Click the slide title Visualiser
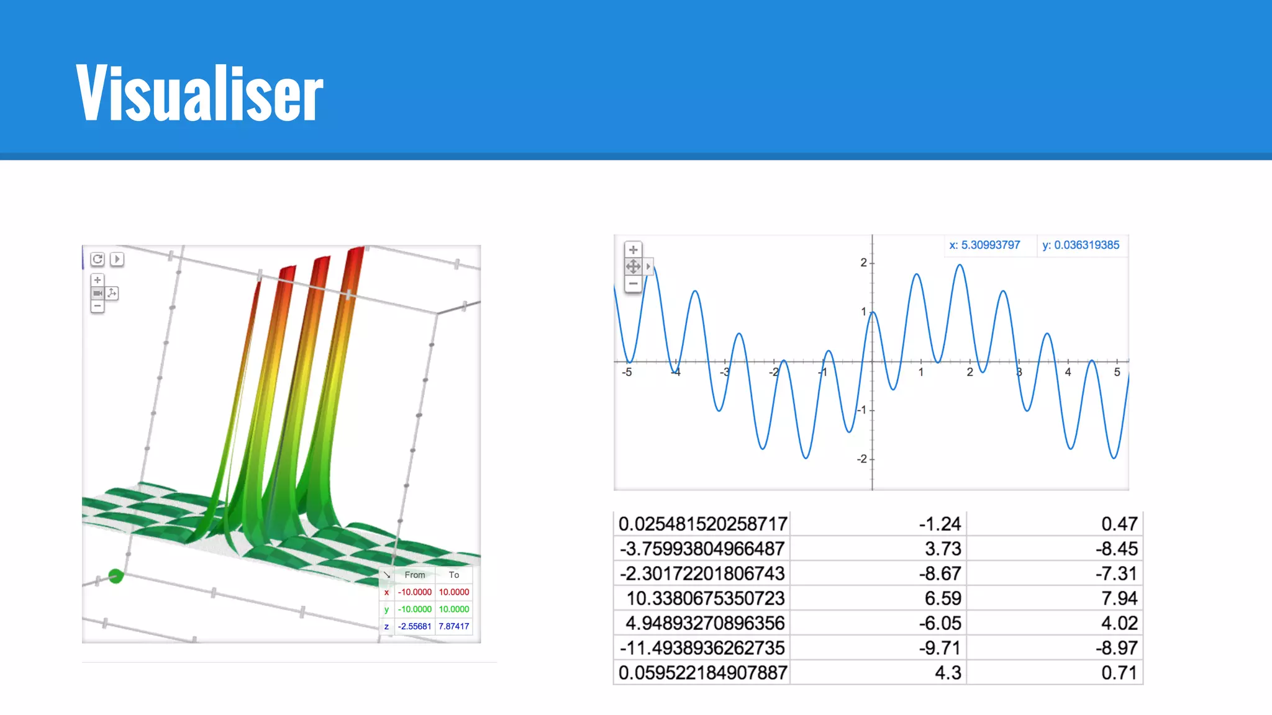click(x=199, y=92)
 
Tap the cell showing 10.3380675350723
click(x=705, y=598)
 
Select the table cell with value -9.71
click(x=940, y=648)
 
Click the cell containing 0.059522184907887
click(x=702, y=673)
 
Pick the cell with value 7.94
click(x=1119, y=598)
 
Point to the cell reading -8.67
click(x=940, y=573)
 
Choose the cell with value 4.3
click(x=948, y=673)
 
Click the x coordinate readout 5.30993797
click(x=984, y=245)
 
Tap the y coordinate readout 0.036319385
click(x=1081, y=245)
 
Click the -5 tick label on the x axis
click(x=627, y=372)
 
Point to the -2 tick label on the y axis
click(x=861, y=459)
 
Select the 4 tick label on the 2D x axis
click(x=1068, y=372)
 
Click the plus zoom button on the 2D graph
click(x=633, y=250)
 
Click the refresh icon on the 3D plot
click(x=98, y=259)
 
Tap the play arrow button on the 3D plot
click(x=117, y=259)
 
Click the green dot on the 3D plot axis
click(x=116, y=576)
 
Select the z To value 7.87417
click(x=454, y=626)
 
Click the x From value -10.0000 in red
click(x=414, y=592)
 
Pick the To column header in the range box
click(x=454, y=575)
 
